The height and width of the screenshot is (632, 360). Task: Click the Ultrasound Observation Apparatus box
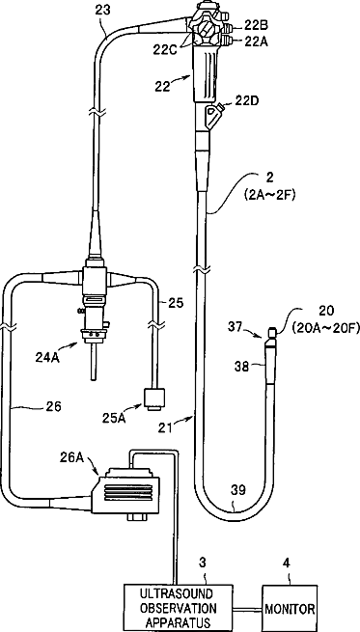point(178,608)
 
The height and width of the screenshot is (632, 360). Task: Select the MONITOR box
point(290,608)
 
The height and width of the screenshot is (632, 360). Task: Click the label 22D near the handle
point(247,100)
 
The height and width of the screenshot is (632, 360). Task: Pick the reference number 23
point(104,11)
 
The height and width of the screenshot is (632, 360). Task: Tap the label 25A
point(113,418)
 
